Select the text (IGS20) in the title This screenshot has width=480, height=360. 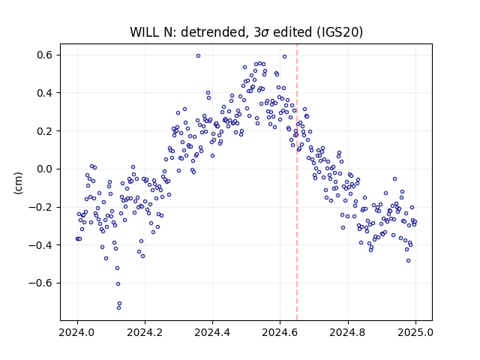340,32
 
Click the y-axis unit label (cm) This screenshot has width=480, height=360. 18,183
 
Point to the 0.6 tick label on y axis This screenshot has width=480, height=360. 45,55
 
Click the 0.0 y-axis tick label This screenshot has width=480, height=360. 45,169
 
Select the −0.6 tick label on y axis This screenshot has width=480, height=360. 40,283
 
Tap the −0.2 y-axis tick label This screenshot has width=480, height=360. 40,207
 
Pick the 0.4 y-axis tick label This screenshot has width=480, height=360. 45,93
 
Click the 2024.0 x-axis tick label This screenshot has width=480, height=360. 77,332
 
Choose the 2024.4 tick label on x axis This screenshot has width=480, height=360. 212,332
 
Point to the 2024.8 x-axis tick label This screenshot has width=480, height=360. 348,332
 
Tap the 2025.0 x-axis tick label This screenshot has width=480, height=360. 415,332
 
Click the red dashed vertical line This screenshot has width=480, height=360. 297,182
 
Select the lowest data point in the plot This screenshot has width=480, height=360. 118,307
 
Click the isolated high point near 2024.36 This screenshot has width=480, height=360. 198,55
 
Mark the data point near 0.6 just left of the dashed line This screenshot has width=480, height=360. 284,57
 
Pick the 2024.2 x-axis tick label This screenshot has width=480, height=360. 145,332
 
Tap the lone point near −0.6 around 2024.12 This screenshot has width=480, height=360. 118,283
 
